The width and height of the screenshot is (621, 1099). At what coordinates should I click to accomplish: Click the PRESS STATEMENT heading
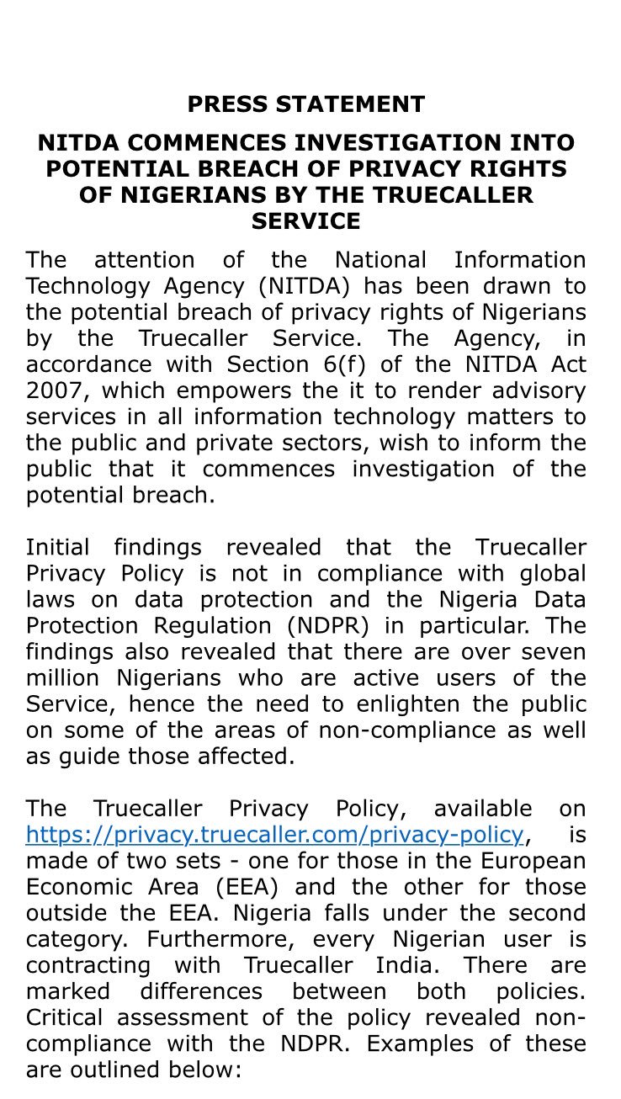point(306,104)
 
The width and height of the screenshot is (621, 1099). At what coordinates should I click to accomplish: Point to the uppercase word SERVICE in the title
point(306,221)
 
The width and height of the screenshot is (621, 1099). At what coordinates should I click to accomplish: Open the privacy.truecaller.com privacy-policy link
point(274,834)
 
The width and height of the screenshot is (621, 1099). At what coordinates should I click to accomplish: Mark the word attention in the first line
point(144,260)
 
